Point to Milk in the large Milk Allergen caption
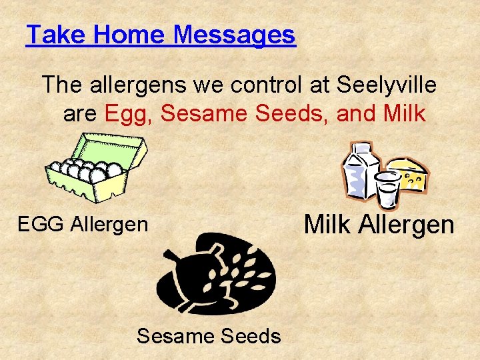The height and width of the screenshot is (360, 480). [x=328, y=225]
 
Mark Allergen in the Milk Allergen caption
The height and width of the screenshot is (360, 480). [x=407, y=225]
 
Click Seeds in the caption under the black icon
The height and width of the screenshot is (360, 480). [x=251, y=337]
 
